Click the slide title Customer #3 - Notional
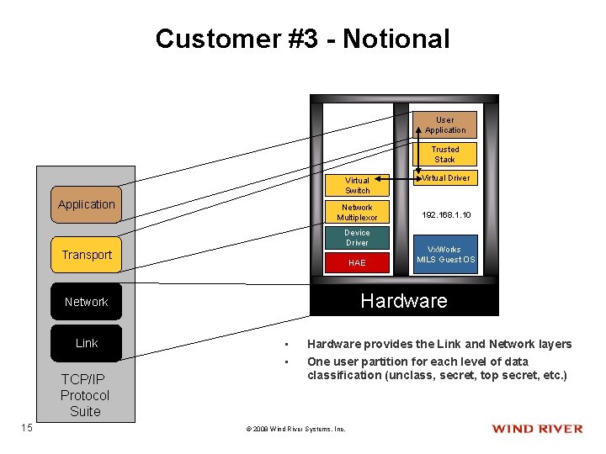click(302, 39)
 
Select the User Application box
click(444, 125)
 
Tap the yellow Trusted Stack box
click(444, 155)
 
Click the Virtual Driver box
click(445, 178)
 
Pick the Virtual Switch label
click(357, 185)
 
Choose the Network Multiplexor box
click(357, 212)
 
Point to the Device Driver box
click(357, 237)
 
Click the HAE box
click(357, 263)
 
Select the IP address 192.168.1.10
click(445, 215)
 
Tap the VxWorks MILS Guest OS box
click(445, 255)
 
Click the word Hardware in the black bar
click(404, 301)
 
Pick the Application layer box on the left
click(86, 204)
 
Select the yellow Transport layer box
click(86, 255)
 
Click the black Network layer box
click(86, 302)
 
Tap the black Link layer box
click(86, 343)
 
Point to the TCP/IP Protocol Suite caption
click(85, 395)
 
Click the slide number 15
click(26, 428)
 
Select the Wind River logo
click(537, 429)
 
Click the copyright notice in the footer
click(295, 429)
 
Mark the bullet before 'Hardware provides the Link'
click(286, 345)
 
